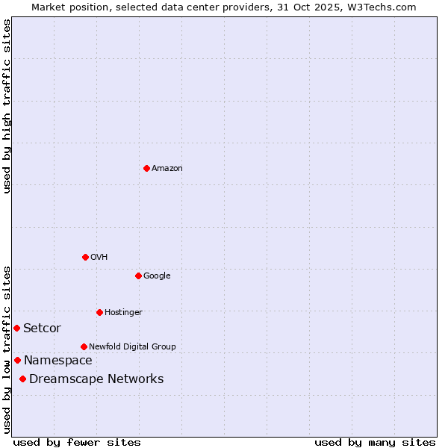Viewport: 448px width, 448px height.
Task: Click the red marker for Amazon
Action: (x=146, y=168)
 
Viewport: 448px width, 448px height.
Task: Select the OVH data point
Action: (x=85, y=257)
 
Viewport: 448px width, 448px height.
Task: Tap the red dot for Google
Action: (x=138, y=276)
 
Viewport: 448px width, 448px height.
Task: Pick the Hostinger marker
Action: (x=99, y=312)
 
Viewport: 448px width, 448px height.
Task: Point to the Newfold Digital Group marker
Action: (x=84, y=346)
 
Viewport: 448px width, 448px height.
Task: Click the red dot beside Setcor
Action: (x=16, y=328)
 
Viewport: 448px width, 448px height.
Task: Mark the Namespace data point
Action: (x=17, y=360)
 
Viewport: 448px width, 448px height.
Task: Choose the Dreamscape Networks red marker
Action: (x=23, y=379)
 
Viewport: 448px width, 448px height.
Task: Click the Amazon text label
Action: (x=167, y=169)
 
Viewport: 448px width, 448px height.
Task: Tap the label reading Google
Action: (x=157, y=276)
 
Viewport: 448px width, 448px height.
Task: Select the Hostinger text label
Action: (x=123, y=313)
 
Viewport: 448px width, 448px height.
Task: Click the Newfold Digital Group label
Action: (x=132, y=346)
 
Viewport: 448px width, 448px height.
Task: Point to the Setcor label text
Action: (x=42, y=329)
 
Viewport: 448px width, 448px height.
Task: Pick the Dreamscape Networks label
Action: (x=96, y=379)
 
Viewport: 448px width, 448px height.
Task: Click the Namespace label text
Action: (x=57, y=361)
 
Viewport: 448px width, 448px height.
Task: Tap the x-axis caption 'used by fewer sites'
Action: (x=77, y=442)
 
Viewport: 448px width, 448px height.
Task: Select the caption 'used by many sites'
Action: (x=375, y=442)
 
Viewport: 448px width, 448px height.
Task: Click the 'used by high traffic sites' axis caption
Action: (x=7, y=106)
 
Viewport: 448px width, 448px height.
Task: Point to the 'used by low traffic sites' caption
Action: (x=7, y=349)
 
